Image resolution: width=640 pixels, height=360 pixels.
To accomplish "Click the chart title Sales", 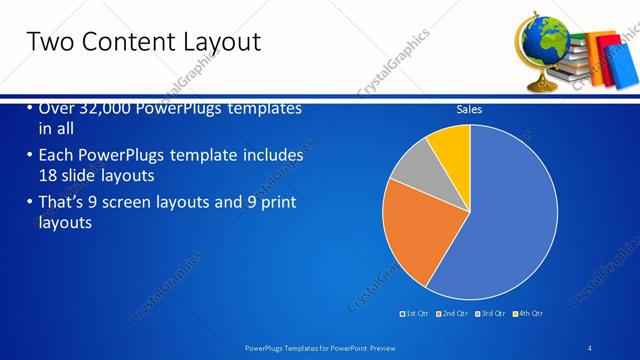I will [469, 109].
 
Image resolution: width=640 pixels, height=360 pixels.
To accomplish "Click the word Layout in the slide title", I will [220, 42].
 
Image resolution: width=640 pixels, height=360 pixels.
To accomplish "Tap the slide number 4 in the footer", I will [590, 347].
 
